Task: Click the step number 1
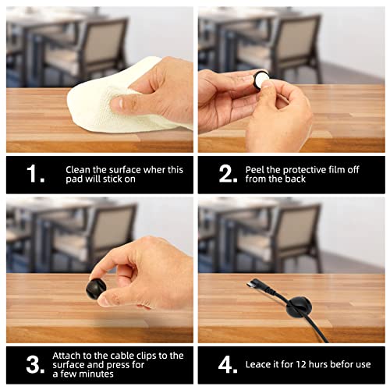[x=35, y=174]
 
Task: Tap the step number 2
[x=228, y=174]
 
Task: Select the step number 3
[x=35, y=364]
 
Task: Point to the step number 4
[x=228, y=364]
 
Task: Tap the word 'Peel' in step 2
[x=255, y=170]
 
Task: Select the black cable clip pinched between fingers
[x=95, y=288]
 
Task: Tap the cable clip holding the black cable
[x=299, y=307]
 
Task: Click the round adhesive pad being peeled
[x=261, y=80]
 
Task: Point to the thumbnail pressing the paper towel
[x=118, y=103]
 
